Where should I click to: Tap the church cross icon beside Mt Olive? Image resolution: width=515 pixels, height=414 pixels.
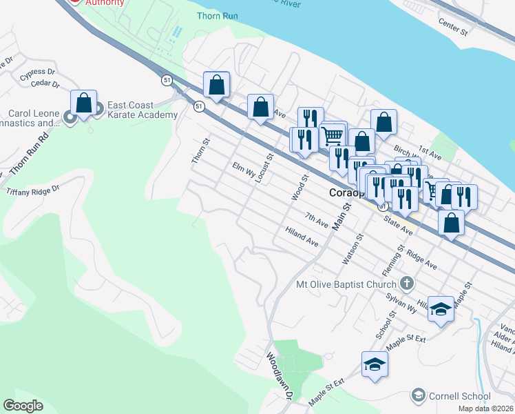[407, 284]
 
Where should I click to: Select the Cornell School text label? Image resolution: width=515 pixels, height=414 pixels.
[459, 396]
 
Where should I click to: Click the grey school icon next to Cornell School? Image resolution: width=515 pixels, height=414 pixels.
[417, 395]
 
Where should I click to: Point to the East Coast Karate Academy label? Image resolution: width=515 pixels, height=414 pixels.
[141, 110]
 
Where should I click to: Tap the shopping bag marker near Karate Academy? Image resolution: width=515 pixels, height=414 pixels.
[83, 103]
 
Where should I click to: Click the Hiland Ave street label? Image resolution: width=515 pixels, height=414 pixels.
[302, 237]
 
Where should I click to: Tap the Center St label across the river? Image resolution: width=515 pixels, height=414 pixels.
[452, 26]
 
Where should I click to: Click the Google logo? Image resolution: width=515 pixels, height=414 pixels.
[23, 406]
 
